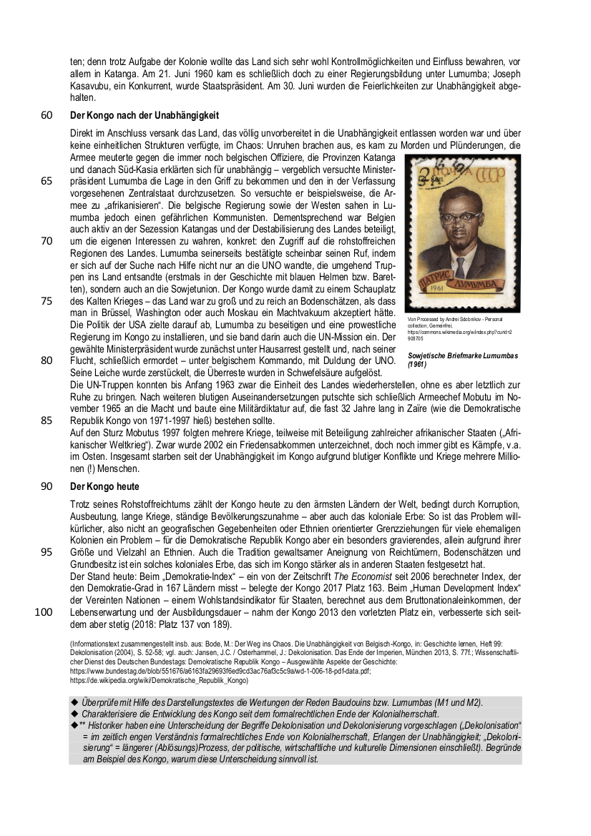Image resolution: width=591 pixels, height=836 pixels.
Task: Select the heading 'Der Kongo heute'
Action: (x=104, y=486)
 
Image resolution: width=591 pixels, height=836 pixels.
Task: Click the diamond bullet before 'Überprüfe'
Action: (x=74, y=702)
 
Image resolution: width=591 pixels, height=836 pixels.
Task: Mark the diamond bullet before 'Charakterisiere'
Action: (x=74, y=714)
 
